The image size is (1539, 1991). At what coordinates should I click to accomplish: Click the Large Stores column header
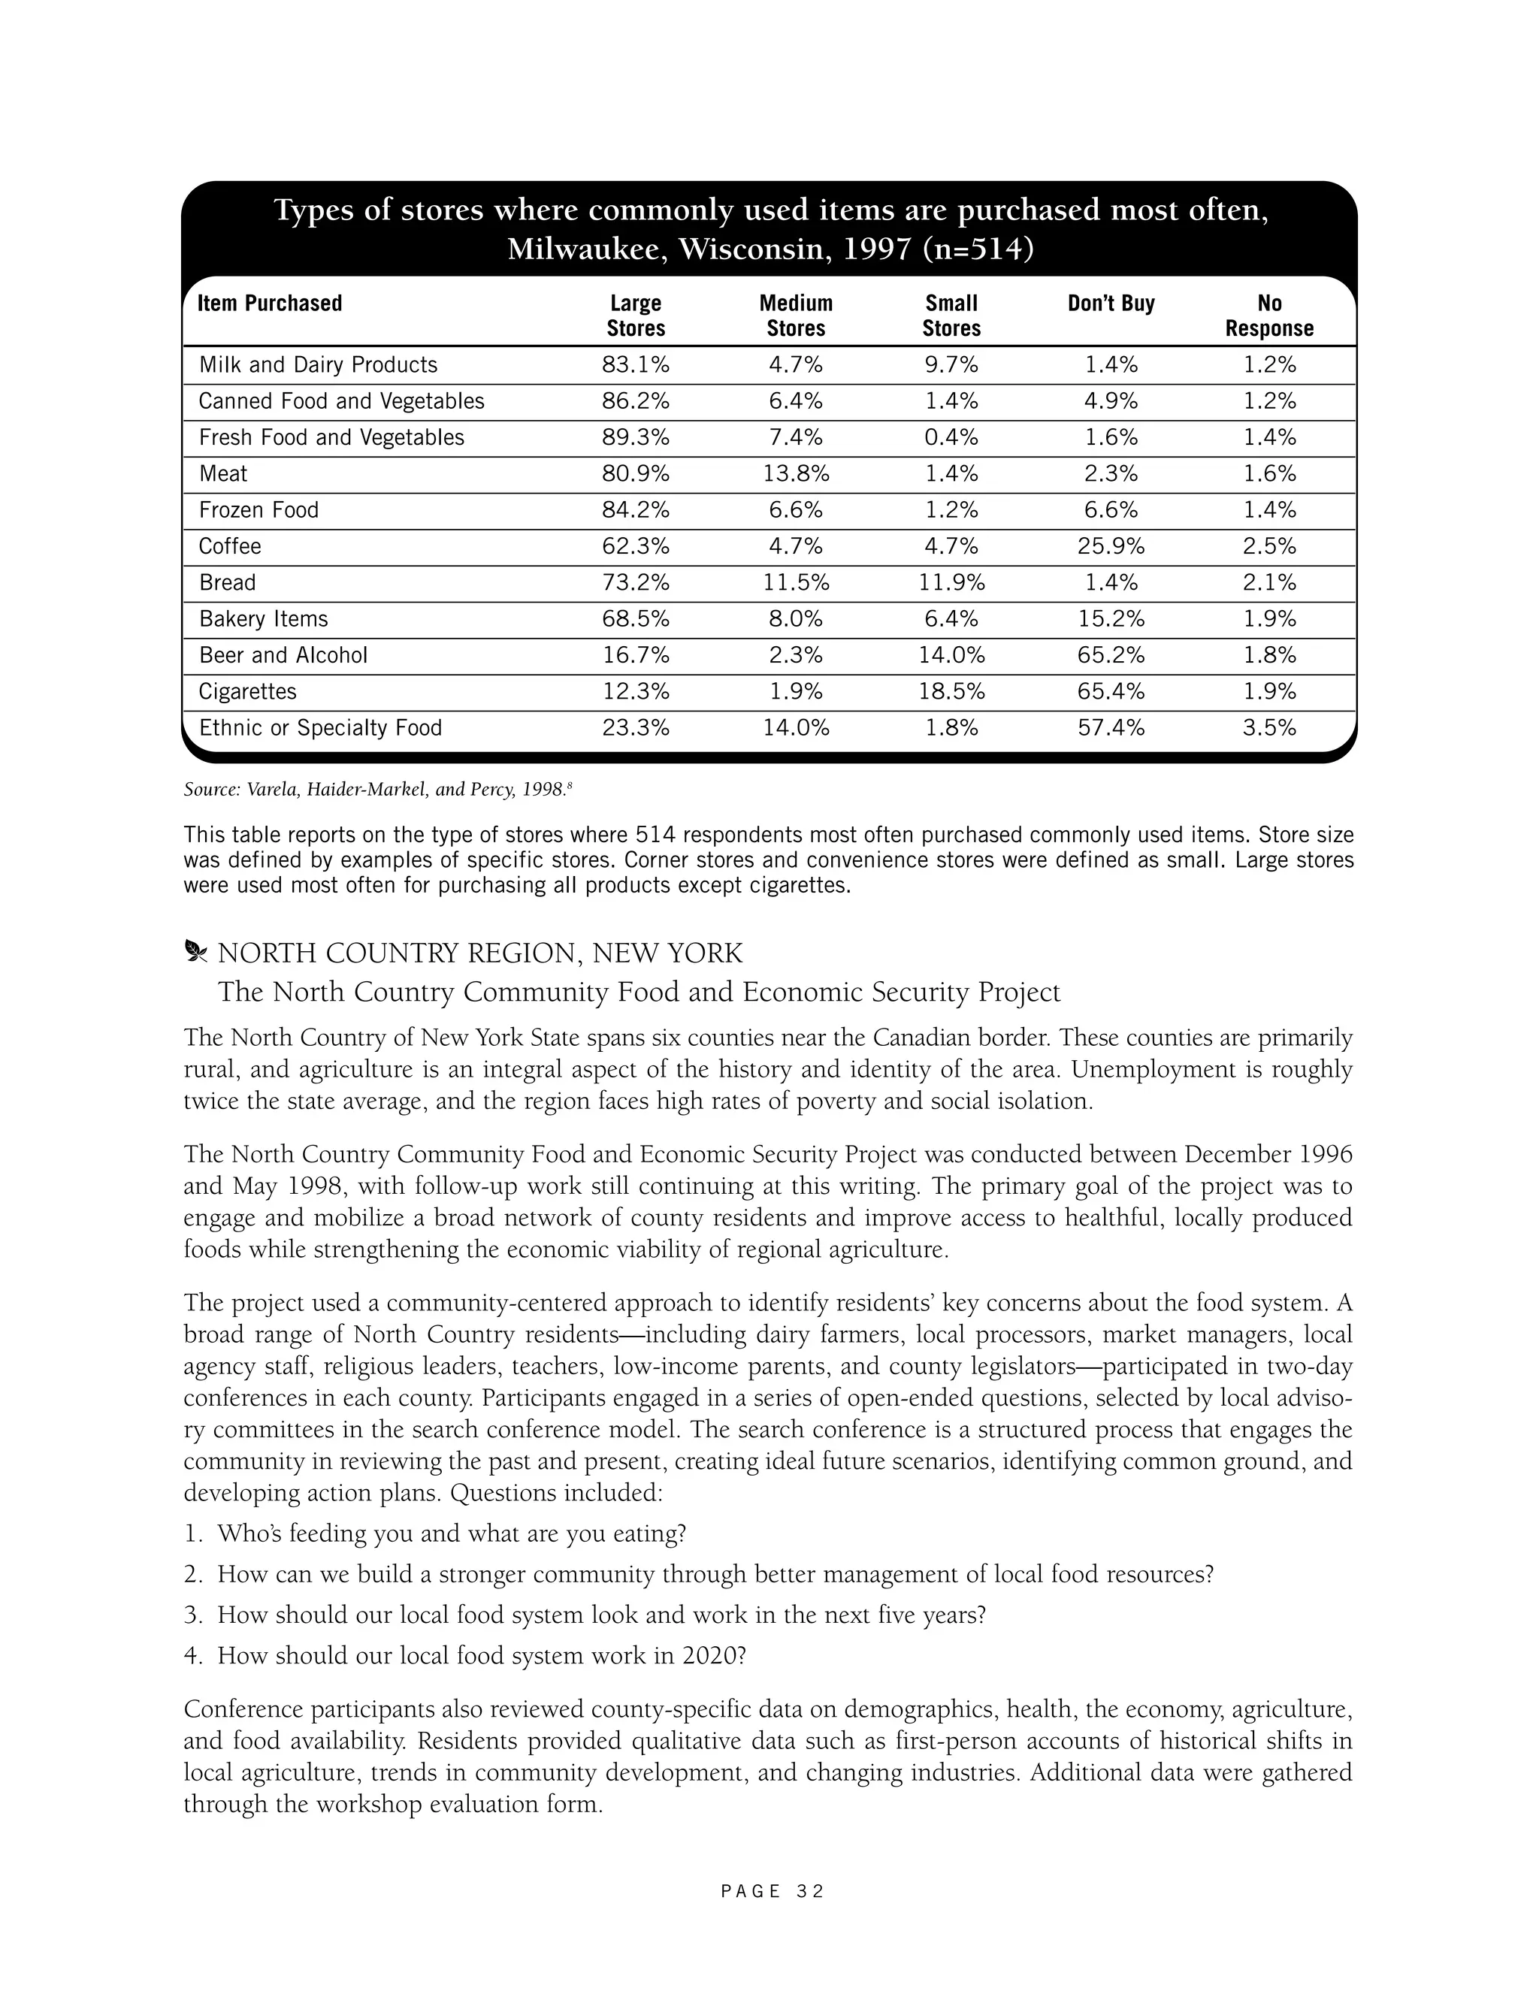tap(636, 316)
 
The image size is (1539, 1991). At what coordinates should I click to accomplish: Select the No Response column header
tap(1269, 316)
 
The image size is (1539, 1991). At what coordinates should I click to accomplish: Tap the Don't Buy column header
tap(1111, 304)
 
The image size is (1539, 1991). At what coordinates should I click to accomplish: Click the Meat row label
tap(223, 474)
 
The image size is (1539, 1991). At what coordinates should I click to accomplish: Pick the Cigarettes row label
tap(248, 692)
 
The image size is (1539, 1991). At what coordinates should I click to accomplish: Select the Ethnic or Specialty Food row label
tap(320, 728)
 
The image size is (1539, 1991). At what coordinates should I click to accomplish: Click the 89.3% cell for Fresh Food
tap(636, 437)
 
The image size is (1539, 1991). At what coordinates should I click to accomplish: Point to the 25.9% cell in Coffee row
tap(1111, 547)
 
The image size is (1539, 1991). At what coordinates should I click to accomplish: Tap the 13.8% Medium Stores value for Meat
tap(796, 474)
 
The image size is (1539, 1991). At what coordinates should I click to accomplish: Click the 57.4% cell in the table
tap(1111, 728)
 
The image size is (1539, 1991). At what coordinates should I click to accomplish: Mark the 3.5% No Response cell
tap(1269, 728)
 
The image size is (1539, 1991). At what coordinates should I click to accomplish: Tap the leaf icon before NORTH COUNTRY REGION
tap(195, 953)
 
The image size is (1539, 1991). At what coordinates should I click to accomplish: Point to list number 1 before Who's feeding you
tap(192, 1534)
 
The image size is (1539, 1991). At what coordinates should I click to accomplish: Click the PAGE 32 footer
tap(771, 1892)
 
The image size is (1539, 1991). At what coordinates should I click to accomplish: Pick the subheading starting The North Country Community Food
tap(638, 992)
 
